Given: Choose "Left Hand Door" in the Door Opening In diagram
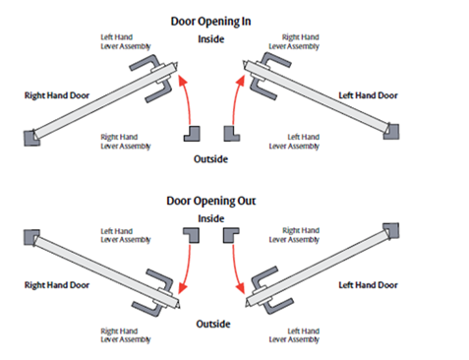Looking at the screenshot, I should [x=369, y=96].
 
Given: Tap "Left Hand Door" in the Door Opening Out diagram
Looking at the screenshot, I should [x=369, y=284].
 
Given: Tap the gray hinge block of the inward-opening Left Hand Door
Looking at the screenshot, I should [x=393, y=130].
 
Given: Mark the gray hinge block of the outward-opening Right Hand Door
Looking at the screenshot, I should [x=29, y=236].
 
